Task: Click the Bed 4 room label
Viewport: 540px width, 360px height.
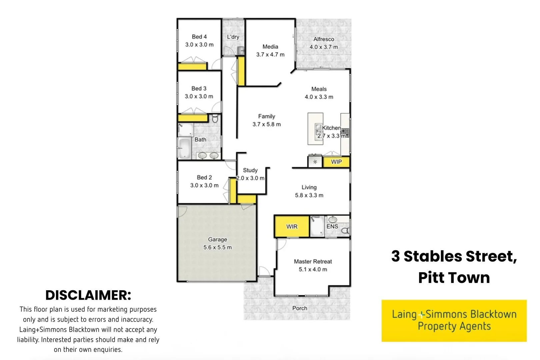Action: click(199, 37)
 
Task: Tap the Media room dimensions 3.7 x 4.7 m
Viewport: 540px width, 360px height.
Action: click(270, 55)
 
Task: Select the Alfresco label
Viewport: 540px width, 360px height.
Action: click(323, 39)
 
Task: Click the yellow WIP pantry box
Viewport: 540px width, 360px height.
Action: click(336, 162)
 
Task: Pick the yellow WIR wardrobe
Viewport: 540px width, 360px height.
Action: click(292, 227)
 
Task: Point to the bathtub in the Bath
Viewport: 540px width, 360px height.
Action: click(184, 148)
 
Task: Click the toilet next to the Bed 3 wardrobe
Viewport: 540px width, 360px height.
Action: click(215, 118)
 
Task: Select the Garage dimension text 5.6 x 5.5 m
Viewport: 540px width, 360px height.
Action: click(217, 248)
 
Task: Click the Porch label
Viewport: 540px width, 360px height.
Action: click(299, 308)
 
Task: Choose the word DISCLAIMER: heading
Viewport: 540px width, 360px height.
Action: click(88, 295)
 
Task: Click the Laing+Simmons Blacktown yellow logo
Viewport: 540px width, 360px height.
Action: click(454, 321)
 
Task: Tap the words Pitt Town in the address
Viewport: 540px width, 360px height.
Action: click(454, 278)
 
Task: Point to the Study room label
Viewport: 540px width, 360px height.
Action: click(250, 170)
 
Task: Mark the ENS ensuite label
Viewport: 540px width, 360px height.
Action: click(332, 227)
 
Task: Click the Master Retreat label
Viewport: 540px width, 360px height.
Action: click(313, 262)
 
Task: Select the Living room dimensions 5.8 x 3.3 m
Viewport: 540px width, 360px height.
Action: click(309, 196)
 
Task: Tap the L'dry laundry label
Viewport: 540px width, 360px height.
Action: click(233, 37)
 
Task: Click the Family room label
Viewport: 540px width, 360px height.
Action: click(266, 116)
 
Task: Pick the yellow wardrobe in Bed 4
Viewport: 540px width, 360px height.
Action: click(192, 67)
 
